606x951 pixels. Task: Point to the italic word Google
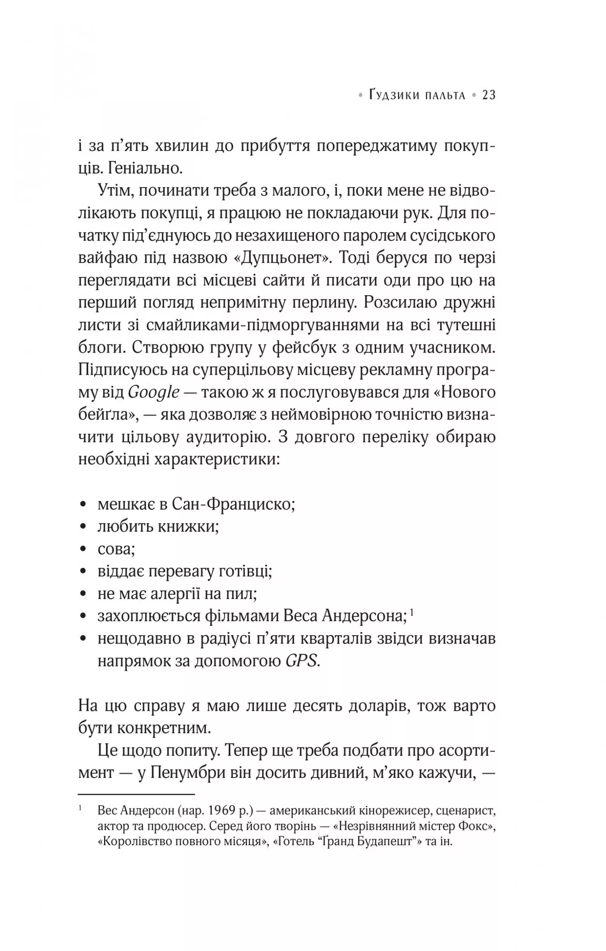coord(154,393)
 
